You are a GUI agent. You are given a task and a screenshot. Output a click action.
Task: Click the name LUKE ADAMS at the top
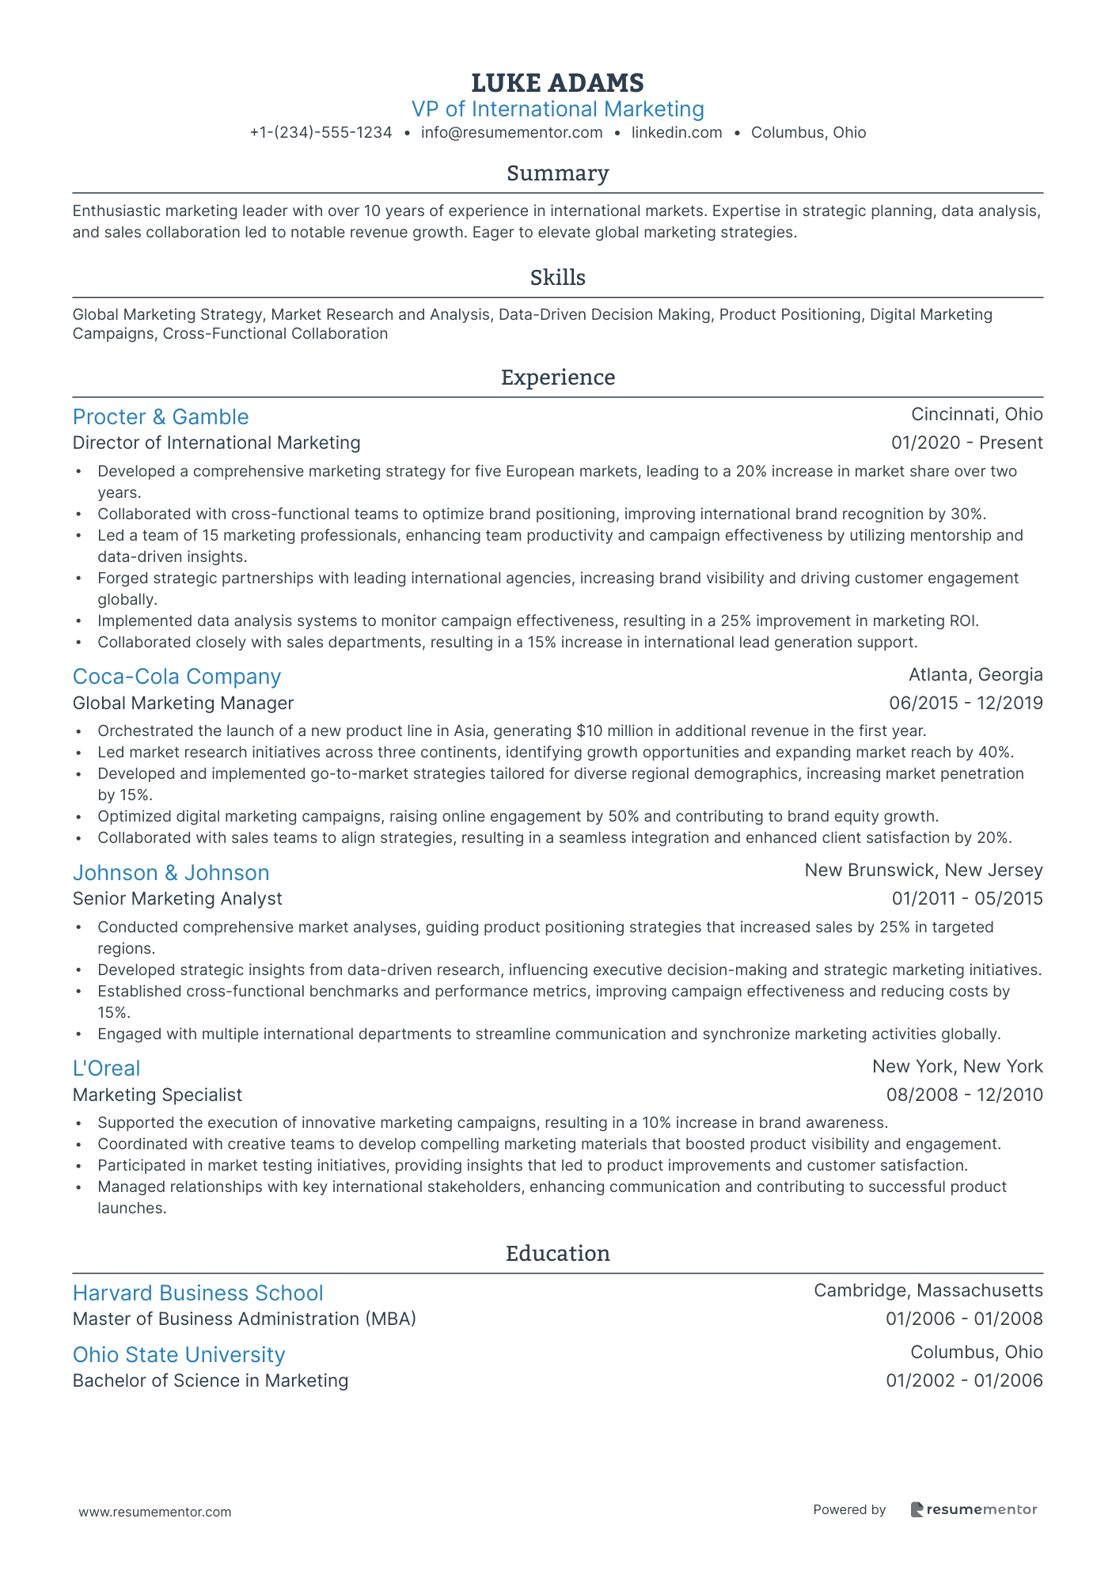tap(557, 82)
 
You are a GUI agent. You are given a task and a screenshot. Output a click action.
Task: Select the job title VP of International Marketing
tap(557, 109)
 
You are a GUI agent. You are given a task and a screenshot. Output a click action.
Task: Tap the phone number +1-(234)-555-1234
tap(321, 133)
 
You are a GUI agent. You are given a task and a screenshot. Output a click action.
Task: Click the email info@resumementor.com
tap(511, 133)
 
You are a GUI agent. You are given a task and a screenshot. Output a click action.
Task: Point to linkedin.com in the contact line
tap(677, 133)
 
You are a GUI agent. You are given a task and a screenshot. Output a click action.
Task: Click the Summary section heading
tap(557, 173)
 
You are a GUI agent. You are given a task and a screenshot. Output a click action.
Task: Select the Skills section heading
tap(557, 278)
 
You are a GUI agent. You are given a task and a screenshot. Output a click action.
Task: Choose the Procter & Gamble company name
tap(161, 417)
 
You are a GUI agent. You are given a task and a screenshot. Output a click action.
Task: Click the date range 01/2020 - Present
tap(966, 443)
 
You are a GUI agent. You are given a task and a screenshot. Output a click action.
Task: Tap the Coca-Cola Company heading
tap(177, 677)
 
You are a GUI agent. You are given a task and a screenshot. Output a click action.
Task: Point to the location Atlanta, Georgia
tap(975, 675)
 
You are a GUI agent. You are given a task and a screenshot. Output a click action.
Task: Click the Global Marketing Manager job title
tap(183, 703)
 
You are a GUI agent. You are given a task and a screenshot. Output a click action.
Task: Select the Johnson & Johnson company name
tap(171, 873)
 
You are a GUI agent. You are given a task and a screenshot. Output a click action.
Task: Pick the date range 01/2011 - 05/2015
tap(966, 899)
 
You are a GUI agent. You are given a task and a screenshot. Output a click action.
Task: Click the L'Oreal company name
tap(106, 1068)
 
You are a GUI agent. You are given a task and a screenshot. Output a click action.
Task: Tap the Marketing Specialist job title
tap(157, 1095)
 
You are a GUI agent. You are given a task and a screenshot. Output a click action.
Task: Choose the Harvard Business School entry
tap(198, 1293)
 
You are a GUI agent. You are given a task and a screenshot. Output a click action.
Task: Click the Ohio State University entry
tap(179, 1355)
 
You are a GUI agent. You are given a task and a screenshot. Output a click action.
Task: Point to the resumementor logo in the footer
tap(974, 1509)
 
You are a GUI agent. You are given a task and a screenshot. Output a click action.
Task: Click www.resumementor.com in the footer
tap(155, 1512)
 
